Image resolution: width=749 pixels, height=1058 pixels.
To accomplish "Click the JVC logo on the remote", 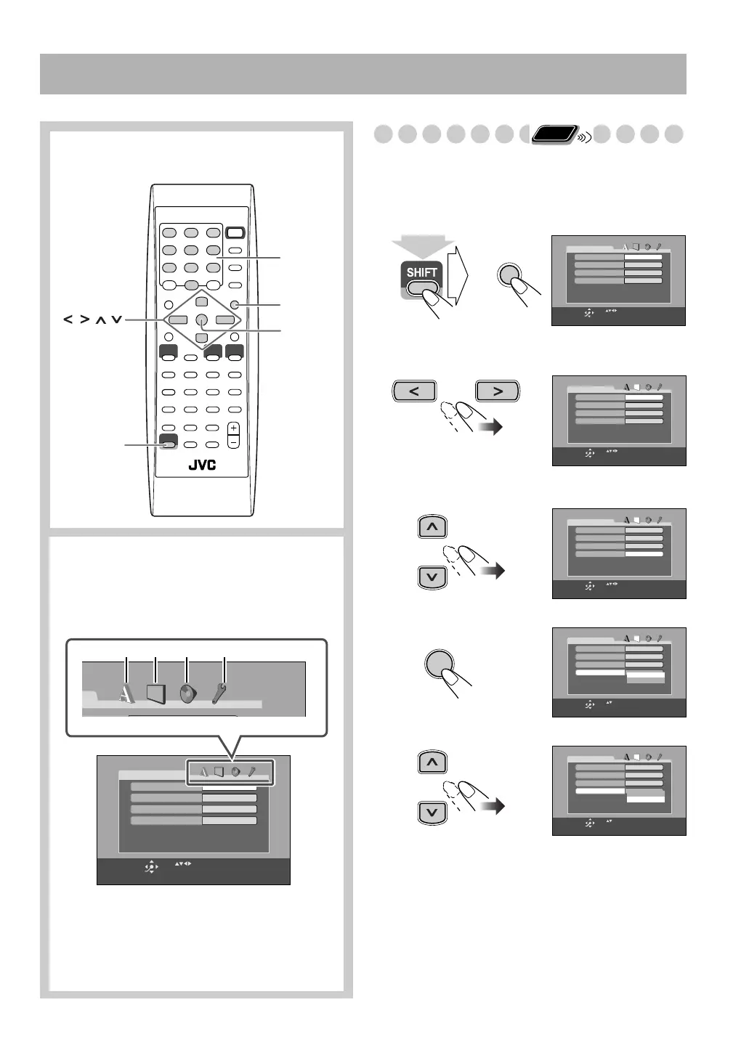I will tap(202, 465).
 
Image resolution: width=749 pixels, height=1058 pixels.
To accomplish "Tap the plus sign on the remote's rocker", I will tap(233, 428).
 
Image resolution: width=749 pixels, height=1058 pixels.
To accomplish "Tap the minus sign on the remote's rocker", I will tap(233, 441).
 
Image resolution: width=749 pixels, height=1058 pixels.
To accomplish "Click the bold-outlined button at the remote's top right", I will tap(235, 234).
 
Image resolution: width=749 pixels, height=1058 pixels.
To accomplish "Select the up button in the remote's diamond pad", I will tap(202, 302).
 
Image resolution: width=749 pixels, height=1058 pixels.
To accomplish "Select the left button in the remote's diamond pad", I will tap(177, 320).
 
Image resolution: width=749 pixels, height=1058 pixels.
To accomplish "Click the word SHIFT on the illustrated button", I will tap(421, 273).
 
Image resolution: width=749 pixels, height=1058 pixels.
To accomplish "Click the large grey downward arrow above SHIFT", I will tap(423, 248).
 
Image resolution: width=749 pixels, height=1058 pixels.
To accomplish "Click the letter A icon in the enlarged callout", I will tap(126, 694).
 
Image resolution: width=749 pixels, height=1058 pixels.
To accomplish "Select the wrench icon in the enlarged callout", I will tap(219, 693).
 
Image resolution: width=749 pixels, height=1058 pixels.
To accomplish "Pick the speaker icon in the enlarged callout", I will tap(187, 693).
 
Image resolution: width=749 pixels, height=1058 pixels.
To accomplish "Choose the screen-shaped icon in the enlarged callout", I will tap(156, 693).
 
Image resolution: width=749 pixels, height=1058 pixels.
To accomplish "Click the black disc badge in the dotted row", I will tap(555, 134).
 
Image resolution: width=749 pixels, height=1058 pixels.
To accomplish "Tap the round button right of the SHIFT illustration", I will tap(511, 277).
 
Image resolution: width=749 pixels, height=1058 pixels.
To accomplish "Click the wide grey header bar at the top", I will tap(363, 74).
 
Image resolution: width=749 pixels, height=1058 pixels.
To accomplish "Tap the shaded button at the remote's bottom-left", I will tap(168, 444).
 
